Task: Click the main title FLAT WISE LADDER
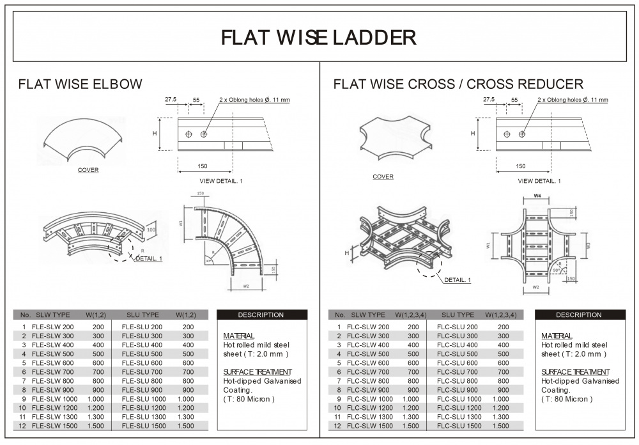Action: (319, 37)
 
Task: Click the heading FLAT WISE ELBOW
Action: (81, 84)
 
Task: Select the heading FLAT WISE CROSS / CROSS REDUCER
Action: (458, 84)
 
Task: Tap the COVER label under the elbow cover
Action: (88, 170)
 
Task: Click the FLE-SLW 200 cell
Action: (52, 327)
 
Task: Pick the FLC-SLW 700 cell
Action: (367, 371)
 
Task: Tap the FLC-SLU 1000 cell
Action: (459, 398)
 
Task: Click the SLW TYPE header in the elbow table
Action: (53, 315)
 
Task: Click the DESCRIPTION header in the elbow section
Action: (261, 315)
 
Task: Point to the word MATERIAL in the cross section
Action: (557, 336)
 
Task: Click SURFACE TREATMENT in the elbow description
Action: (258, 371)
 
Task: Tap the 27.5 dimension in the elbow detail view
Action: (171, 100)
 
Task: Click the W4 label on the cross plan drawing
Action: (537, 195)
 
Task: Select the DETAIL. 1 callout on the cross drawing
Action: (458, 280)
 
